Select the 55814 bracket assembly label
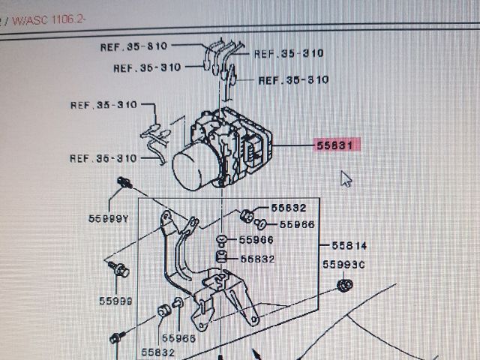tap(347, 245)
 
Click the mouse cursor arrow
tap(345, 178)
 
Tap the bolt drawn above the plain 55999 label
tap(120, 267)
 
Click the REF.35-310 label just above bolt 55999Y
tap(103, 158)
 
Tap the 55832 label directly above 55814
tap(289, 208)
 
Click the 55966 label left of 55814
tap(256, 240)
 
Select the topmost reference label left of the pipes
tap(133, 46)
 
